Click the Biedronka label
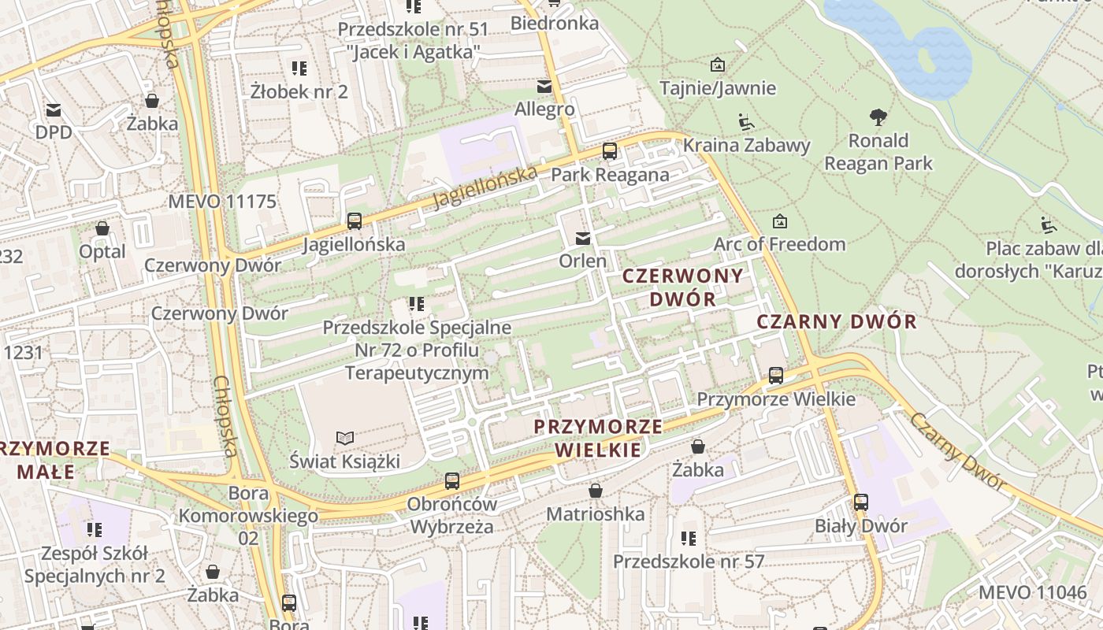pyautogui.click(x=554, y=23)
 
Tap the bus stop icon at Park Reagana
pyautogui.click(x=610, y=151)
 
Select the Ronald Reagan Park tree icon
pyautogui.click(x=878, y=118)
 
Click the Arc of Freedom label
pyautogui.click(x=779, y=244)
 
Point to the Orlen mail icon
pyautogui.click(x=583, y=239)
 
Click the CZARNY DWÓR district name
pyautogui.click(x=837, y=321)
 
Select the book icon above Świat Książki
pyautogui.click(x=345, y=438)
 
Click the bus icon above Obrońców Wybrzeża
pyautogui.click(x=452, y=480)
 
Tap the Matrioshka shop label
pyautogui.click(x=596, y=514)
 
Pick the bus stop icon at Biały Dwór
pyautogui.click(x=861, y=502)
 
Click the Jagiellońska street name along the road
pyautogui.click(x=485, y=187)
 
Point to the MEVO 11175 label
pyautogui.click(x=222, y=202)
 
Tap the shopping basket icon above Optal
pyautogui.click(x=102, y=229)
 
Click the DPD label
pyautogui.click(x=54, y=132)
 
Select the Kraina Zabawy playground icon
pyautogui.click(x=746, y=122)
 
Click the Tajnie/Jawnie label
pyautogui.click(x=718, y=87)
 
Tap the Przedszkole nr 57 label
pyautogui.click(x=689, y=561)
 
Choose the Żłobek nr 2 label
pyautogui.click(x=299, y=91)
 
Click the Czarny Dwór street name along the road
pyautogui.click(x=960, y=452)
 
